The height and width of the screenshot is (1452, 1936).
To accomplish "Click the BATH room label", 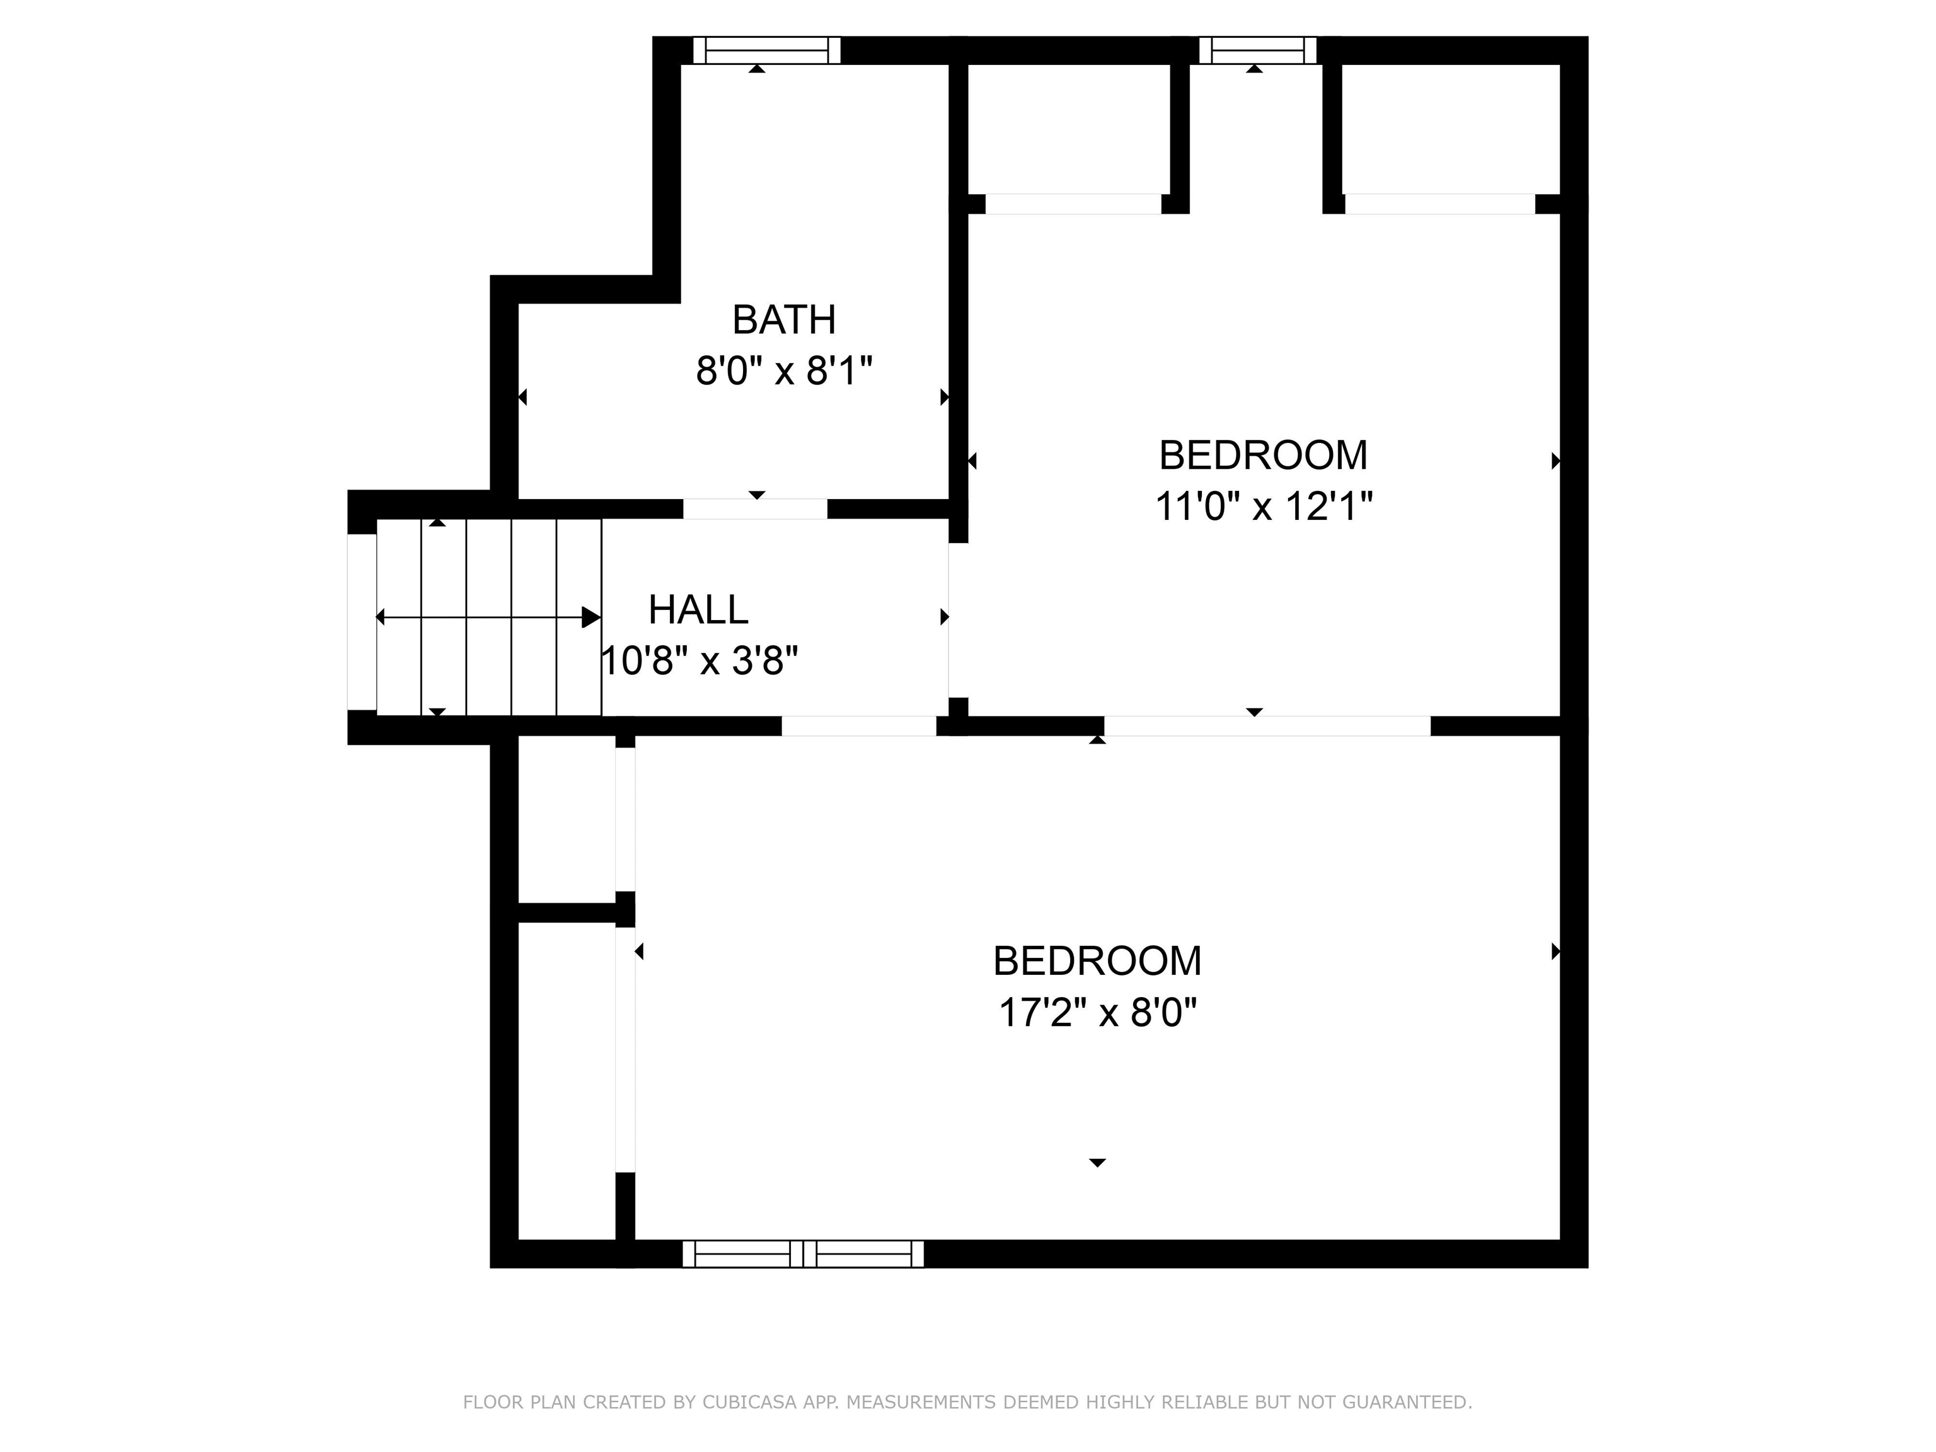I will click(x=783, y=320).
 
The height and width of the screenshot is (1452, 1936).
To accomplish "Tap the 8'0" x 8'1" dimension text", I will click(x=784, y=371).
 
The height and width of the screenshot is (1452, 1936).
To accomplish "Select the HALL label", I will click(x=698, y=610).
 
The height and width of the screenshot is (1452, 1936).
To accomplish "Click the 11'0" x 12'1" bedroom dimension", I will click(x=1263, y=507).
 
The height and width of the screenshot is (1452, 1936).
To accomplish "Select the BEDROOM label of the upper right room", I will click(x=1263, y=455).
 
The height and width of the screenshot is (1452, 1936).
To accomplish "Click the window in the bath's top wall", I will click(x=767, y=51).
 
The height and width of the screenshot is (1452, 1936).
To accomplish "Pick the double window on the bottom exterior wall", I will click(x=803, y=1253).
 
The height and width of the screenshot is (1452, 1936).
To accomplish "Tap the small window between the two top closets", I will click(x=1257, y=51).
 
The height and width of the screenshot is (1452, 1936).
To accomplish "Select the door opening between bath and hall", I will click(x=754, y=509).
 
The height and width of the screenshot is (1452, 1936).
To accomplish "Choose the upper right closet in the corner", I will click(x=1450, y=130).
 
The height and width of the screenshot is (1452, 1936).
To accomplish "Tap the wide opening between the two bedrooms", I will click(x=1267, y=725).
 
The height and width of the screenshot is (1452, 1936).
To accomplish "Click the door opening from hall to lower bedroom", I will click(x=858, y=725).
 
